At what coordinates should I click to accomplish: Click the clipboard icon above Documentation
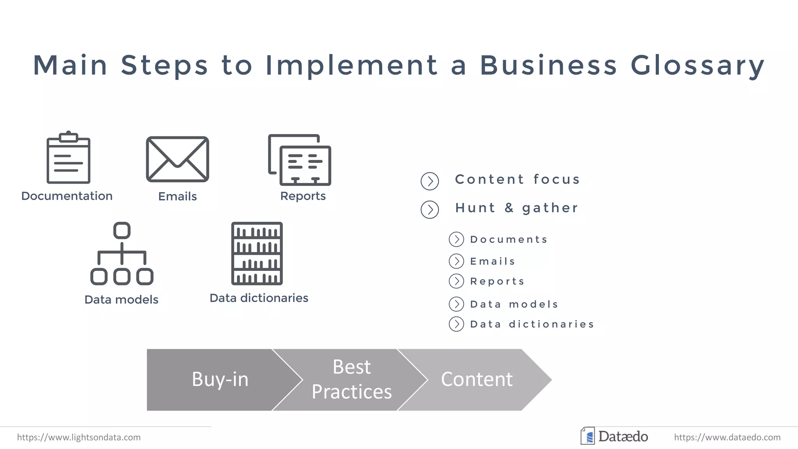[69, 157]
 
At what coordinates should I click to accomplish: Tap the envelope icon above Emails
[178, 159]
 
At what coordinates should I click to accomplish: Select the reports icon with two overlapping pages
[300, 160]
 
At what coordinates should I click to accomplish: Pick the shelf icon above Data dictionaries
[257, 253]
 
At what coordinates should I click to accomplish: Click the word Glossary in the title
[697, 65]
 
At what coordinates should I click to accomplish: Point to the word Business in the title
[548, 65]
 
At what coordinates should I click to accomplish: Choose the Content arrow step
[477, 380]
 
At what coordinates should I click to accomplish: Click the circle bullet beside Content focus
[430, 181]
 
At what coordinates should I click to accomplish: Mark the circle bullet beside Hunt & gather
[430, 210]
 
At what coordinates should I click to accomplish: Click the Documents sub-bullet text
[509, 239]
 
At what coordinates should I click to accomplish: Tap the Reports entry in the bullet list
[497, 281]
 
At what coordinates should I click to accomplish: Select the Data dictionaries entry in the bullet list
[532, 324]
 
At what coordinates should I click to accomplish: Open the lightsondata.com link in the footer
[79, 437]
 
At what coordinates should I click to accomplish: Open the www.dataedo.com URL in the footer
[727, 437]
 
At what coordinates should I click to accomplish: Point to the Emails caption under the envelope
[177, 196]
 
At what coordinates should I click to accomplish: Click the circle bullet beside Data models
[456, 304]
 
